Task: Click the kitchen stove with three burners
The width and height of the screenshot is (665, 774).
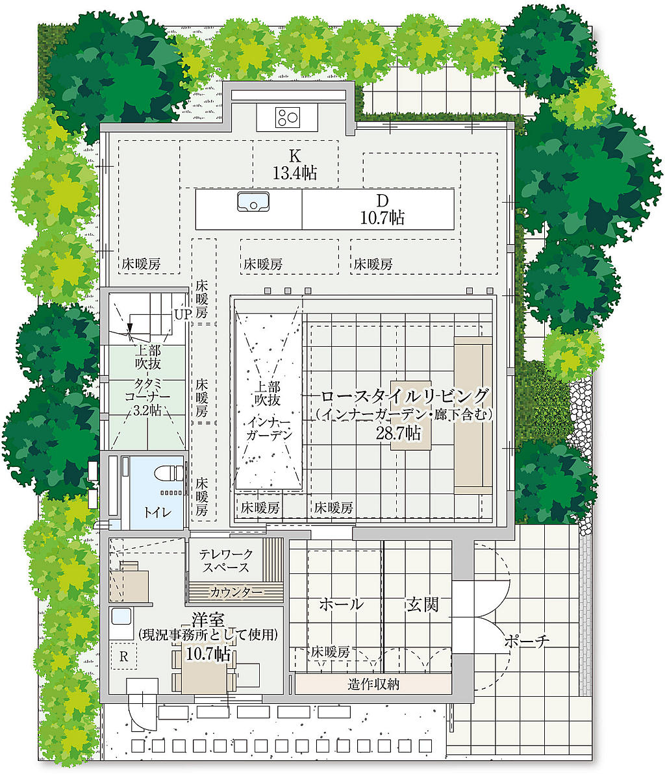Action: (x=287, y=118)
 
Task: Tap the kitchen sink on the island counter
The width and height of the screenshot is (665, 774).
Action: (x=253, y=203)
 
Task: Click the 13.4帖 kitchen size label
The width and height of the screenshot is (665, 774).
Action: (x=295, y=173)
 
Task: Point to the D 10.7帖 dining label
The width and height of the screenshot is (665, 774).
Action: (x=382, y=209)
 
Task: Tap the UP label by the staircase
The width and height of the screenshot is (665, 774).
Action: (x=181, y=314)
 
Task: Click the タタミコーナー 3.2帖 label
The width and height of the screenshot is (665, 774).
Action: (x=147, y=396)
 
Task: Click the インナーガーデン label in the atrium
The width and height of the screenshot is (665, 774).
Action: (x=269, y=429)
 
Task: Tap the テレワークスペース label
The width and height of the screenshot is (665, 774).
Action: (x=225, y=561)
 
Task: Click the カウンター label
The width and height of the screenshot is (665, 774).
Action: (x=236, y=592)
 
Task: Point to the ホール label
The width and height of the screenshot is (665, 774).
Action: (x=342, y=604)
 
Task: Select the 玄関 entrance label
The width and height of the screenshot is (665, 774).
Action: (x=422, y=604)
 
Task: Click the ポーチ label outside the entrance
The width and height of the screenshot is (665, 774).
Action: (x=526, y=642)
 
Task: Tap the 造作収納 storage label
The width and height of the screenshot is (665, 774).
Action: (x=373, y=684)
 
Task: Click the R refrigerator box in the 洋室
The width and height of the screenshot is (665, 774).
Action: (x=123, y=656)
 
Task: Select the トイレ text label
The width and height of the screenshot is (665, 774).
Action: (x=157, y=512)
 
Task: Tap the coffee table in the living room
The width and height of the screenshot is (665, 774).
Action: (x=411, y=415)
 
